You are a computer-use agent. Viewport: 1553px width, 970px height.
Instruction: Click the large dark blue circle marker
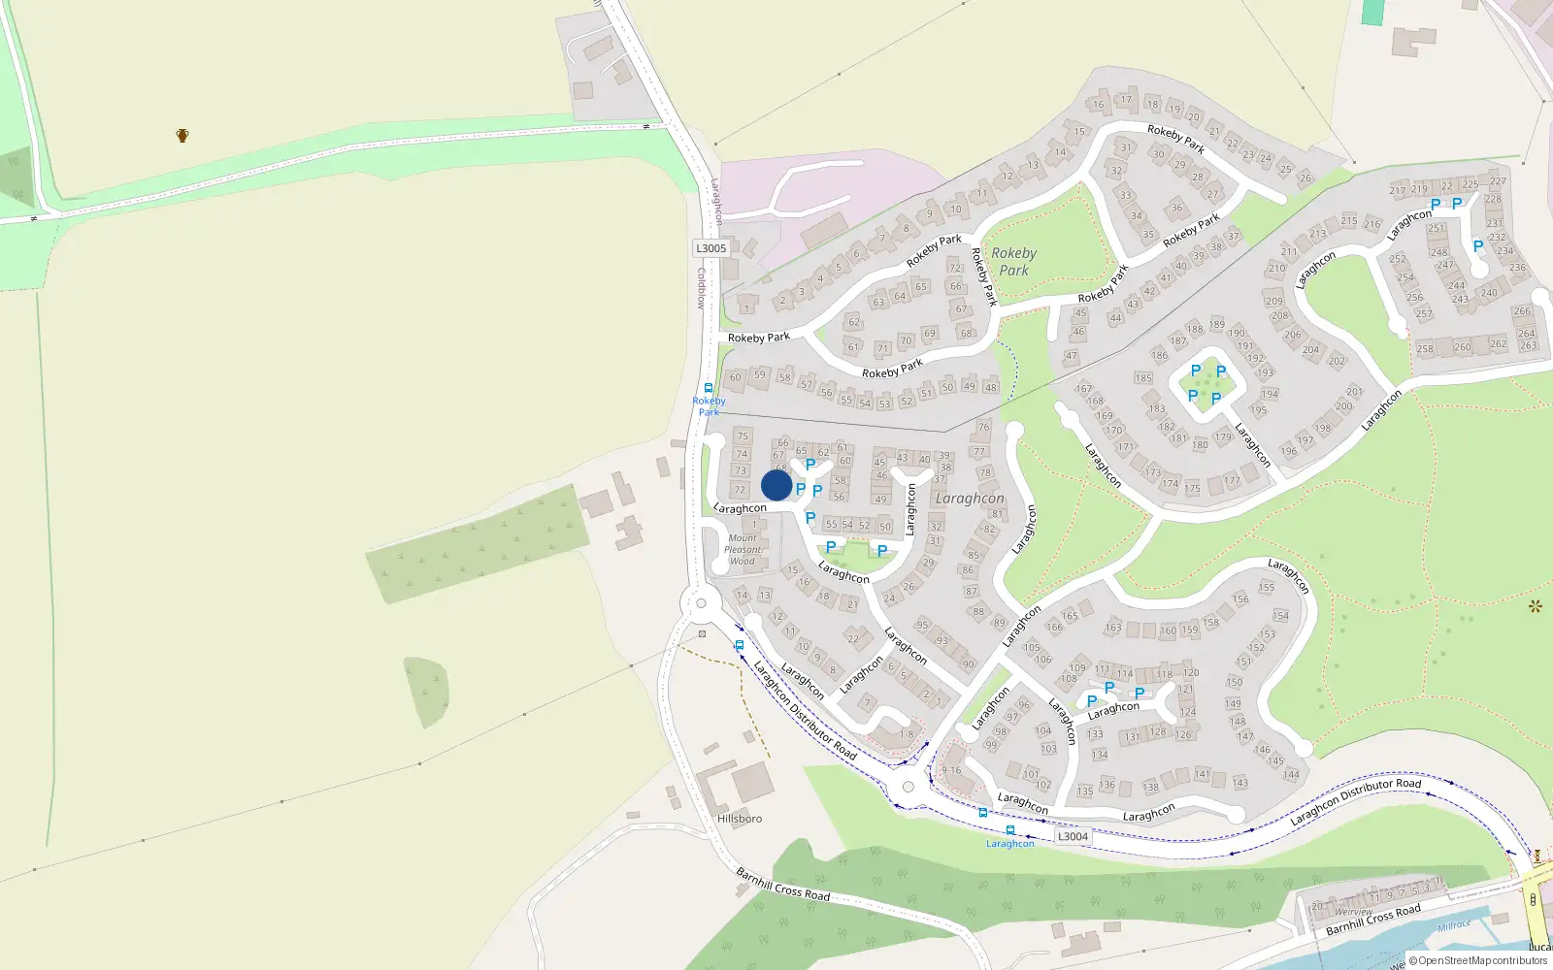point(776,485)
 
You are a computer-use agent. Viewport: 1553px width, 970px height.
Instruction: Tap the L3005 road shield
point(710,248)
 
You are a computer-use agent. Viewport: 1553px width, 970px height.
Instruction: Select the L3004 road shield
point(1073,836)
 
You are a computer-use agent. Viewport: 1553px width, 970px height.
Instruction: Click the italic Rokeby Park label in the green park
point(1014,262)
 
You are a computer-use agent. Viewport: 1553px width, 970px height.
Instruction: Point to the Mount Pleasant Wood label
point(743,550)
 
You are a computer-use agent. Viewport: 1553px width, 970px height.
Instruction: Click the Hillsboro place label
point(740,819)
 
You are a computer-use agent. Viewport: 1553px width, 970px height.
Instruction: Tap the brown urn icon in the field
point(182,135)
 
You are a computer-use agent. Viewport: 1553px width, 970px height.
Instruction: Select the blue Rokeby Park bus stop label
point(709,406)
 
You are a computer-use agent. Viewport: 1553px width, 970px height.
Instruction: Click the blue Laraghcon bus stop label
point(1010,844)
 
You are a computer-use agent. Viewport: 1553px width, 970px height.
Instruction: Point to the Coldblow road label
point(701,288)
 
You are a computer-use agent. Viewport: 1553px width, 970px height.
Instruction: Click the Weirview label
point(1354,912)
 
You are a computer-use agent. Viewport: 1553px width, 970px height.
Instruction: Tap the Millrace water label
point(1454,925)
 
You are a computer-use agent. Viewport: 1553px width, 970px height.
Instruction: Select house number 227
point(1499,181)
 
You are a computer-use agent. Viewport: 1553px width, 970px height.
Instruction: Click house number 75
point(743,436)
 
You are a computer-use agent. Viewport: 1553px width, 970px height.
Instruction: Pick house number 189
point(1216,325)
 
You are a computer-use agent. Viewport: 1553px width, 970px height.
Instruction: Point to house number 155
point(1267,588)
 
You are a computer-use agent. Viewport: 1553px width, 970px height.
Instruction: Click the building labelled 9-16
point(951,770)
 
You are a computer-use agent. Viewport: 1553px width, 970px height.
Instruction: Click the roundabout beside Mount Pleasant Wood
point(701,603)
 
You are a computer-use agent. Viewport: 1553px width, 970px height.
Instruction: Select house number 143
point(1240,783)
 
